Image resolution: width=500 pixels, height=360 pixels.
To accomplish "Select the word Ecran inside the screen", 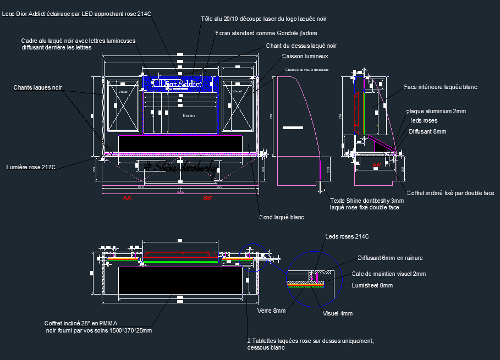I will click(189, 115).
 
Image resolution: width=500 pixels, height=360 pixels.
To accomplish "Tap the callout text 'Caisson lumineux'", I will click(305, 56).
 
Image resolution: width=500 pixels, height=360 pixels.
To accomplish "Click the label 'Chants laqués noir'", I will click(38, 87).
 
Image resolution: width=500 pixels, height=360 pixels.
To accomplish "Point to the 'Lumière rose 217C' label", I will click(31, 167).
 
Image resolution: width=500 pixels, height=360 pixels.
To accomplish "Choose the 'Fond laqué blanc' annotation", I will click(282, 218).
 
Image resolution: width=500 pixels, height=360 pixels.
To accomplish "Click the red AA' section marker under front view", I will click(128, 197).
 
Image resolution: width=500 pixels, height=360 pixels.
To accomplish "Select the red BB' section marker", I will click(207, 197).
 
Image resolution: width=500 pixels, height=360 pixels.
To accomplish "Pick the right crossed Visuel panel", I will click(238, 106).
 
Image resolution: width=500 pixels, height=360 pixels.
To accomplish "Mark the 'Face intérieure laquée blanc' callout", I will click(440, 87).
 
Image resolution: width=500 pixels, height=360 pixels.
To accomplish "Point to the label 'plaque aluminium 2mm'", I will click(436, 111).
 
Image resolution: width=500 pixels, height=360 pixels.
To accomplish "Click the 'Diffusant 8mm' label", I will click(427, 131).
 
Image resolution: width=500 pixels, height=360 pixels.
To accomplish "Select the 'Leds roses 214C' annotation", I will click(347, 237).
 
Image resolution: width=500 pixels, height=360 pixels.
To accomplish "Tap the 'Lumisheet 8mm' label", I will click(372, 285).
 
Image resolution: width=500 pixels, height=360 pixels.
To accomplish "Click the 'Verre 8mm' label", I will click(271, 311).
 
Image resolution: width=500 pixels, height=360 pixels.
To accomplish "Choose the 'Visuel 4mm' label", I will click(337, 313).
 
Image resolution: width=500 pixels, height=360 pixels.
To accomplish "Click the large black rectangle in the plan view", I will click(180, 281).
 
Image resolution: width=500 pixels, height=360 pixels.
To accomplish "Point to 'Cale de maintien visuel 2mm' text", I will click(388, 274).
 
